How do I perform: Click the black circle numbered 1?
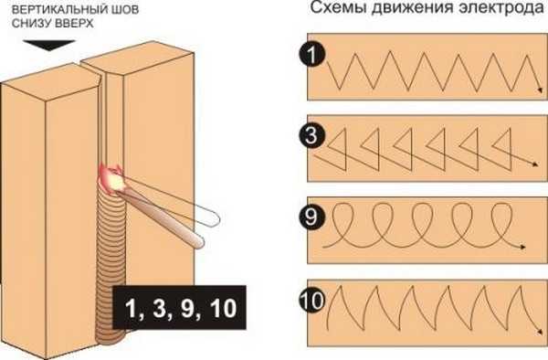tap(312, 55)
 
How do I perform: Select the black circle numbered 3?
tap(312, 135)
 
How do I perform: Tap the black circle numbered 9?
tap(312, 217)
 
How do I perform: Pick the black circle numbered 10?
tap(312, 300)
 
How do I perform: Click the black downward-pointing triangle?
tap(49, 46)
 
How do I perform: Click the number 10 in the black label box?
tap(224, 308)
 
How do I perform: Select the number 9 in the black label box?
tap(190, 308)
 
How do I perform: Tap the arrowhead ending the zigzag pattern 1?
tap(540, 90)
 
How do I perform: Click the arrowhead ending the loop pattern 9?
tap(522, 247)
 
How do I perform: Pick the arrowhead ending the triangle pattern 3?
tap(534, 164)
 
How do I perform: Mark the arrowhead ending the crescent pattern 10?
tap(540, 332)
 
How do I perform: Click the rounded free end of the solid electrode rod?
tap(199, 242)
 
